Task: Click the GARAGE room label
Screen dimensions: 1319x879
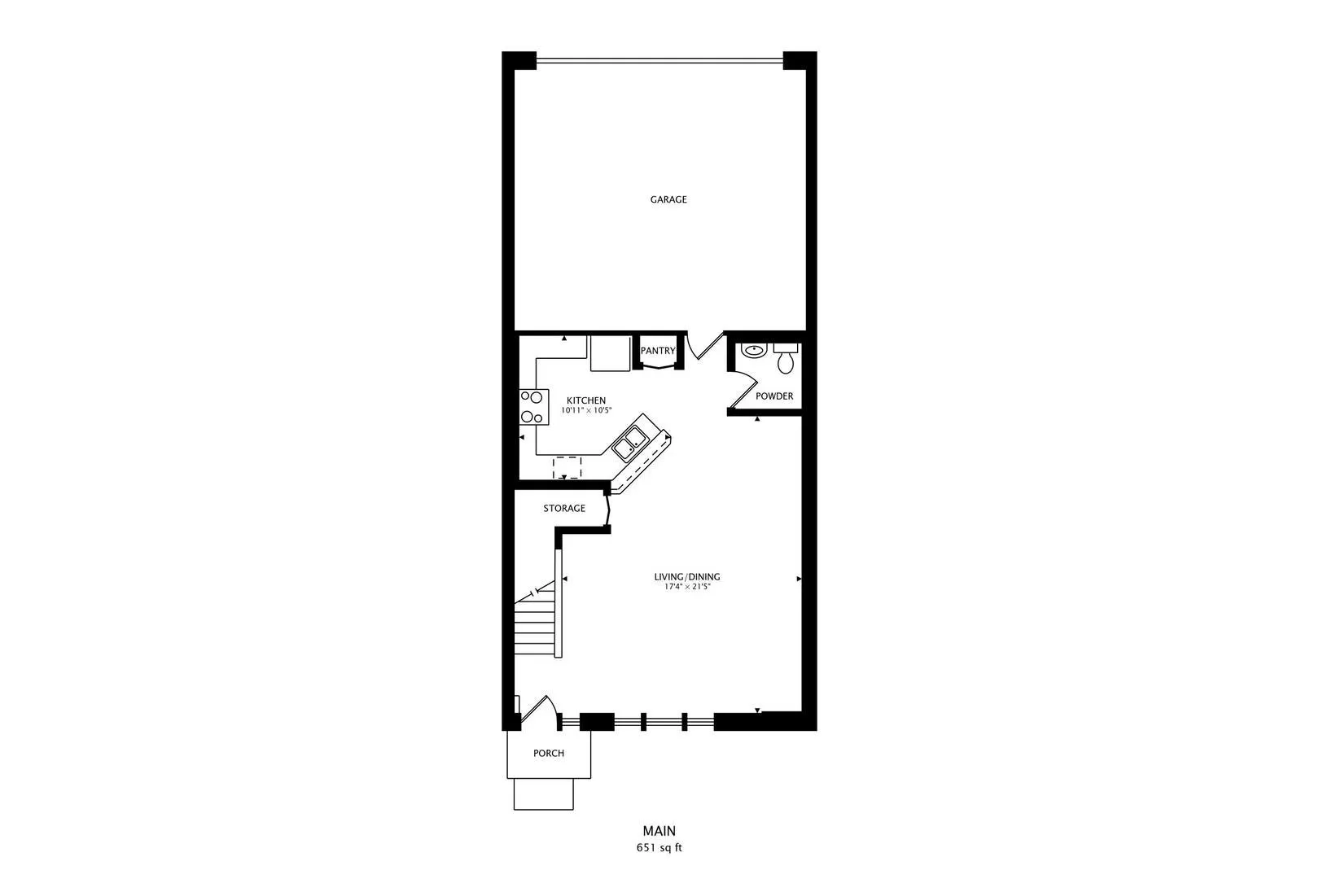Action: pos(668,199)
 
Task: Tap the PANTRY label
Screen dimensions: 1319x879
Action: pos(658,351)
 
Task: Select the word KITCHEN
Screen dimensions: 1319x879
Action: pos(586,400)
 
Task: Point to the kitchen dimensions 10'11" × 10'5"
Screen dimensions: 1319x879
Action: pos(586,410)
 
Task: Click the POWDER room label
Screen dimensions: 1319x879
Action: pos(774,396)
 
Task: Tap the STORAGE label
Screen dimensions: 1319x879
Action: pos(564,508)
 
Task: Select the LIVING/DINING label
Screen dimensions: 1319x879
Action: pos(687,577)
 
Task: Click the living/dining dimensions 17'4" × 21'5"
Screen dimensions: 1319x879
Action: pos(687,587)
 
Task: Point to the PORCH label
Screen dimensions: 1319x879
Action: pos(549,753)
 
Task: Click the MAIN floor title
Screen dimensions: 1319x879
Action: pos(659,831)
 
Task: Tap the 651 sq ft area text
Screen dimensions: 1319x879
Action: pos(659,848)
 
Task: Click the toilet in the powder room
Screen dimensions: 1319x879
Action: pos(786,359)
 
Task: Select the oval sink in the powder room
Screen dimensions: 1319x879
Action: pos(753,350)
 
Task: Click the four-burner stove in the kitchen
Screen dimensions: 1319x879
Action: pos(534,407)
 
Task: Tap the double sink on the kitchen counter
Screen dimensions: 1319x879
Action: pos(631,444)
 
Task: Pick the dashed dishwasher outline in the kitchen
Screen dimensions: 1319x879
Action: pos(567,467)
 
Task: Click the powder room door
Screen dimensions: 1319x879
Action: pos(743,389)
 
